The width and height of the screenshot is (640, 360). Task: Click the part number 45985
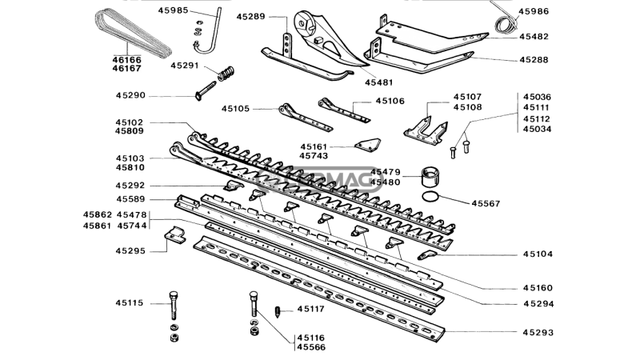coord(173,10)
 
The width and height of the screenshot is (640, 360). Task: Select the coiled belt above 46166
coord(133,34)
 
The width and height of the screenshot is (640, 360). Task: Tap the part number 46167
coord(127,69)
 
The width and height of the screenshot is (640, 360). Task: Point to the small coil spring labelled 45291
coord(226,74)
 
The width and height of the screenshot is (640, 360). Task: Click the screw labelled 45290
coord(206,91)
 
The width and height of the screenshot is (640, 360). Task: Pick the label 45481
coord(378,82)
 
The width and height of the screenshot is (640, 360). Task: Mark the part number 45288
coord(534,60)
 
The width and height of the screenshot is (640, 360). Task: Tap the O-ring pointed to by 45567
coord(430,196)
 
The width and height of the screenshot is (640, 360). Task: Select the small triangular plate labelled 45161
coord(368,145)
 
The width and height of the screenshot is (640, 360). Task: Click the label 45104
coord(538,254)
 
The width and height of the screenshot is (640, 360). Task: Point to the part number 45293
coord(538,333)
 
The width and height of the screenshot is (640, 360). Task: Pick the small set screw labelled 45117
coord(278,312)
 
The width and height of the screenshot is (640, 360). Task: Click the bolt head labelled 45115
coord(174,294)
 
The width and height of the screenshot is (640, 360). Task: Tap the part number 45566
coord(311,348)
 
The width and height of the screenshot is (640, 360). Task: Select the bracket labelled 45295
coord(175,235)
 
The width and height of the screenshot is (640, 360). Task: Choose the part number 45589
coord(130,199)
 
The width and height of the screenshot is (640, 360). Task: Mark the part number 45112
coord(537,118)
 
